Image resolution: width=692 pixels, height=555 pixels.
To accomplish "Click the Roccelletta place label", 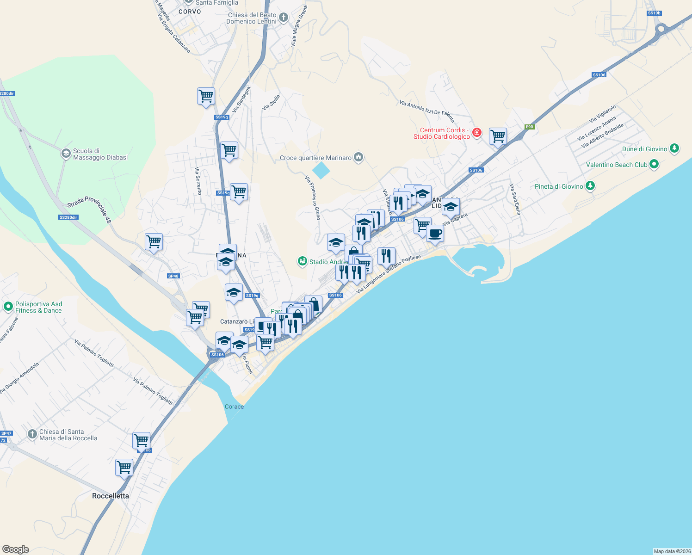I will [111, 496].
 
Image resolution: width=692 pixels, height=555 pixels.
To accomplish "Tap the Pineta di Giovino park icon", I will [590, 186].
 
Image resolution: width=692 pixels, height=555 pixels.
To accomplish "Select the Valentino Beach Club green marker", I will [654, 164].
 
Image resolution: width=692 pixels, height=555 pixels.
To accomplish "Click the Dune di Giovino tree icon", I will [674, 148].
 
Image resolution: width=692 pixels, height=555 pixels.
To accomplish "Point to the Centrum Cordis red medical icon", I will [476, 133].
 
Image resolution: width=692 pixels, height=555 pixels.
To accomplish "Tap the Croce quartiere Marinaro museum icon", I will [358, 158].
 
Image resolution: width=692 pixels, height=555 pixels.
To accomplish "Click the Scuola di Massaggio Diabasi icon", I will [66, 154].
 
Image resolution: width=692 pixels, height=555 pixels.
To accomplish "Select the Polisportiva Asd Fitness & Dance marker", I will [8, 307].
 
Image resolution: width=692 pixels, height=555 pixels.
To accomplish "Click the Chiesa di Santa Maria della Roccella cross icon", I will [32, 434].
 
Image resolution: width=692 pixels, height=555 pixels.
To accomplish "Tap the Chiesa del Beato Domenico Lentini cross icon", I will [284, 18].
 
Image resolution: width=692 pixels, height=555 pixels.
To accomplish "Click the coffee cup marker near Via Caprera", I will [434, 234].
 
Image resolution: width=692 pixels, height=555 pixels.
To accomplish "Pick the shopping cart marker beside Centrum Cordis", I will [498, 136].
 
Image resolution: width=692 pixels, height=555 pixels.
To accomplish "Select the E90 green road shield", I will [530, 127].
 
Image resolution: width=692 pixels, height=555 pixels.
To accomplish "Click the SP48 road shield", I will [173, 276].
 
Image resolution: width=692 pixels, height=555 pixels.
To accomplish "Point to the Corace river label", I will [234, 407].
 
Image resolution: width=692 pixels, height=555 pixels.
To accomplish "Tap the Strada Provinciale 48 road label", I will [89, 209].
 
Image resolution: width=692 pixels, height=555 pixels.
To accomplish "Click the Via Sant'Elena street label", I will [515, 199].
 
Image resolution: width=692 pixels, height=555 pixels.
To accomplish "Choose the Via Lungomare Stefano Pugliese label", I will [389, 274].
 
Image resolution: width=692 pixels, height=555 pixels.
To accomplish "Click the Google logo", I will [16, 549].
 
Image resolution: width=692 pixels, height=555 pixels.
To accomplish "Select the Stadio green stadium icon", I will [303, 262].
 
